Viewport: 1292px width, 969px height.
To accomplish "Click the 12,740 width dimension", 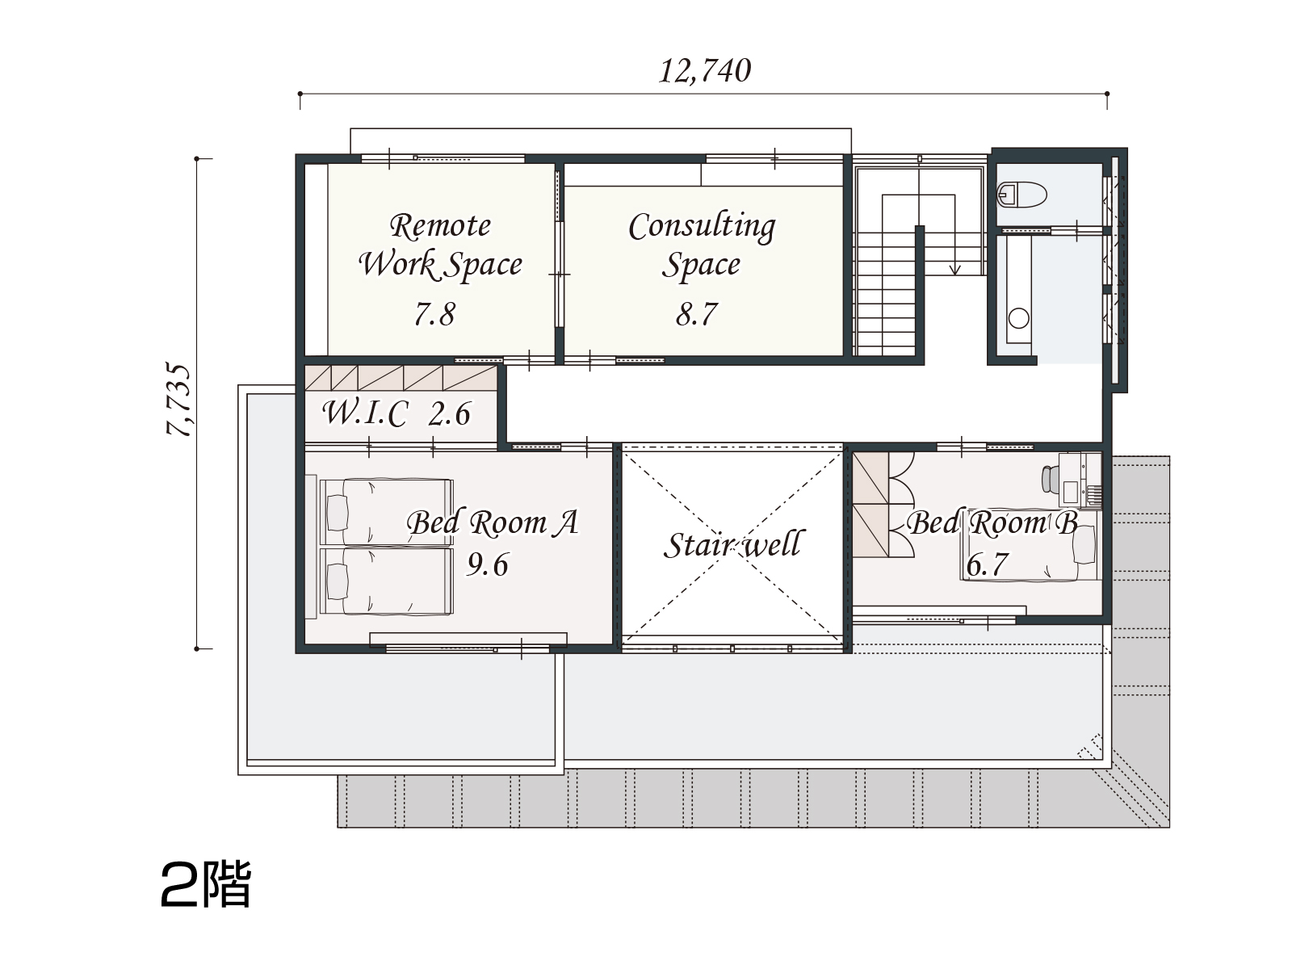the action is click(704, 71).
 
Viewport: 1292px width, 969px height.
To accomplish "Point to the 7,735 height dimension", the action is click(178, 400).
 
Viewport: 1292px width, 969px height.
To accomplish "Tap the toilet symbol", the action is click(1021, 194).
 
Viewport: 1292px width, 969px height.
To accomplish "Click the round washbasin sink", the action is click(1019, 318).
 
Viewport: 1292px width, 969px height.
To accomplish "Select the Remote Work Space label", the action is click(440, 245).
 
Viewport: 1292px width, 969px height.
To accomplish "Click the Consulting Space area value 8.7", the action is click(696, 313).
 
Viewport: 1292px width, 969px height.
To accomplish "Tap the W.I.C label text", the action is click(365, 413).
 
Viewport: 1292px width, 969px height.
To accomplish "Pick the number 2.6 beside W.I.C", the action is click(450, 413).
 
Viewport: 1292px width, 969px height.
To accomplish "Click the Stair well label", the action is click(732, 544).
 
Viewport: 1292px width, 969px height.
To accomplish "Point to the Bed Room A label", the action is click(493, 522).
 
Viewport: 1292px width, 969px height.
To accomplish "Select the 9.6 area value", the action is click(488, 564).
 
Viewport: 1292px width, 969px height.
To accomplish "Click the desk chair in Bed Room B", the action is click(1047, 479).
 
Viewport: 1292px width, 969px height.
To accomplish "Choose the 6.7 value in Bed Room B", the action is click(987, 564).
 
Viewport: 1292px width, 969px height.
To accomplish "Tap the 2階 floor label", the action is click(206, 885).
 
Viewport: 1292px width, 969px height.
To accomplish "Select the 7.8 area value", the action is click(434, 313).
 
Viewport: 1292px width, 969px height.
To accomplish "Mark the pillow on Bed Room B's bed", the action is click(1084, 545).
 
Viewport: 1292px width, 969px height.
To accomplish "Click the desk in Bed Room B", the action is click(1080, 480).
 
